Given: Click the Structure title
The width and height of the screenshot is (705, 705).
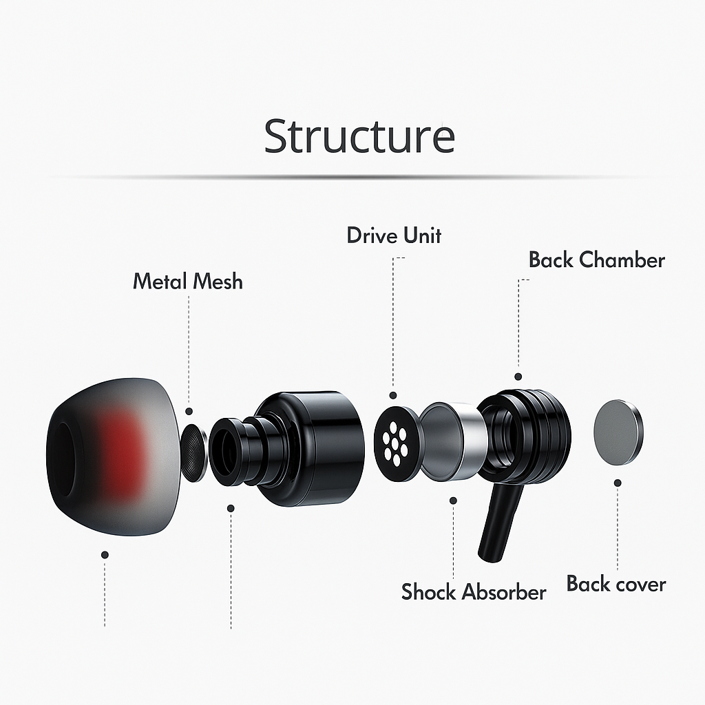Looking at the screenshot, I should click(x=359, y=136).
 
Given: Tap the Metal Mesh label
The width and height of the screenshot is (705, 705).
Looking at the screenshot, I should click(x=187, y=281).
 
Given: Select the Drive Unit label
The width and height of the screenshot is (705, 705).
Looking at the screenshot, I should click(x=393, y=235).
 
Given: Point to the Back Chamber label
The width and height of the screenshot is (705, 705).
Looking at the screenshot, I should click(x=596, y=260).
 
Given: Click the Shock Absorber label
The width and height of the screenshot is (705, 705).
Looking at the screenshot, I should click(x=474, y=591).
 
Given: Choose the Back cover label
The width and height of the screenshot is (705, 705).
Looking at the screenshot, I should click(x=616, y=584).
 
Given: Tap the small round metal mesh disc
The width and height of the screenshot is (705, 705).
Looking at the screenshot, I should click(x=195, y=453).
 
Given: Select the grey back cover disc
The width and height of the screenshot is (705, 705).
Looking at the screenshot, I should click(x=618, y=432).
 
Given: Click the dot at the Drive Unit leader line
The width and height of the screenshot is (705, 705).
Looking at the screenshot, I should click(x=393, y=396).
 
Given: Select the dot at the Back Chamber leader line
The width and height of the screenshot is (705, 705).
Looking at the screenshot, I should click(x=518, y=377).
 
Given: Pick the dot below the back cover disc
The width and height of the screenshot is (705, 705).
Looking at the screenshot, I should click(x=618, y=483).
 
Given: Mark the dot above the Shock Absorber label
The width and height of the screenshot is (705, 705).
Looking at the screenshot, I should click(x=453, y=500).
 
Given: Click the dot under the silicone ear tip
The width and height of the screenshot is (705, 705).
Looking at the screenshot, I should click(x=105, y=554).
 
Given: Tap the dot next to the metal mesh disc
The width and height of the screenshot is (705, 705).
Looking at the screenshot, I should click(x=189, y=411).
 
